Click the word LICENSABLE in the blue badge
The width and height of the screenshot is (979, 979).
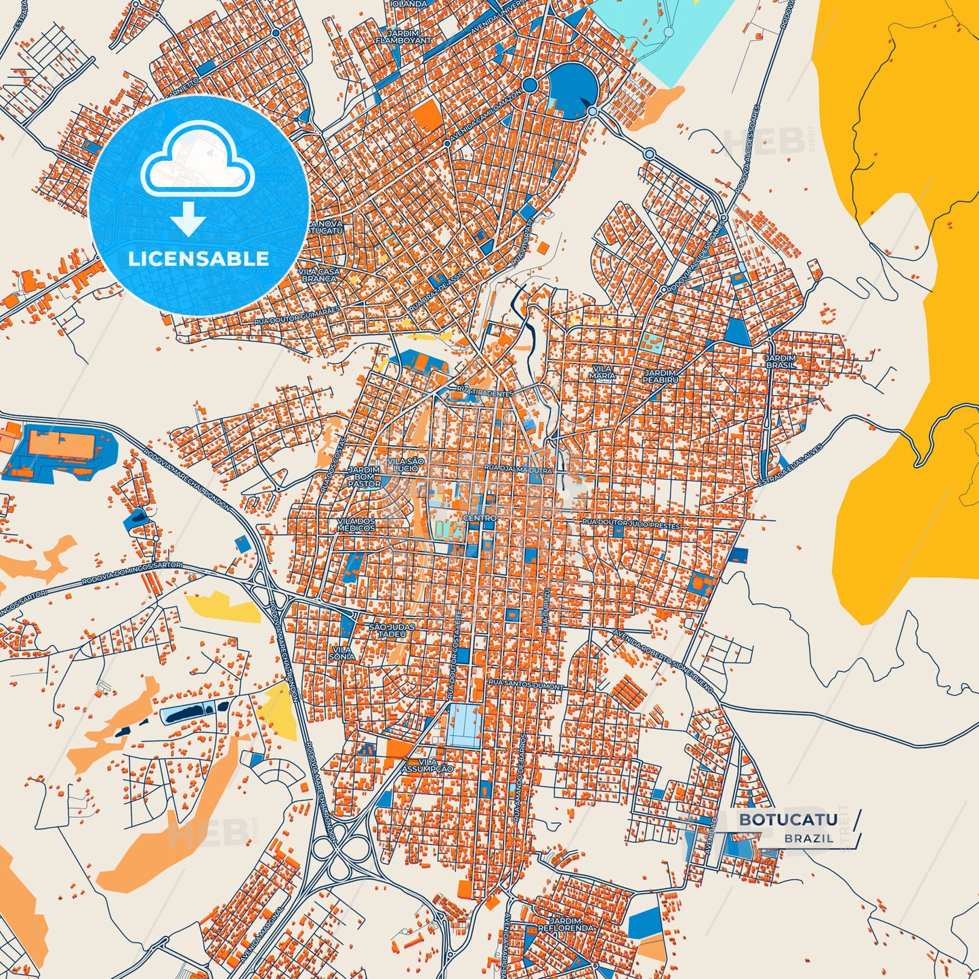pyautogui.click(x=198, y=259)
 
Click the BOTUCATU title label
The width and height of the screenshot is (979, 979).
pyautogui.click(x=787, y=820)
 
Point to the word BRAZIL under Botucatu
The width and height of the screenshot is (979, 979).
pyautogui.click(x=810, y=839)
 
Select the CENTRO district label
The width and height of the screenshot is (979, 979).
pyautogui.click(x=480, y=518)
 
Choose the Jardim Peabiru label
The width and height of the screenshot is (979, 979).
pyautogui.click(x=661, y=376)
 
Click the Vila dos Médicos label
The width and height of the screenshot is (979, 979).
pyautogui.click(x=356, y=524)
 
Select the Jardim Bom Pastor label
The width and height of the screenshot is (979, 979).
pyautogui.click(x=364, y=477)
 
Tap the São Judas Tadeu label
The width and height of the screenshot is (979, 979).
pyautogui.click(x=388, y=631)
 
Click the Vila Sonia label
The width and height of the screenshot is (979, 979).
pyautogui.click(x=341, y=652)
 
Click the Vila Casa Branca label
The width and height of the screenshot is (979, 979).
pyautogui.click(x=319, y=274)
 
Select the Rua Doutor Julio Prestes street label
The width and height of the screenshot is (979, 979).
pyautogui.click(x=631, y=524)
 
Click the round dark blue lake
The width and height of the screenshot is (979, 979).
pyautogui.click(x=572, y=89)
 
